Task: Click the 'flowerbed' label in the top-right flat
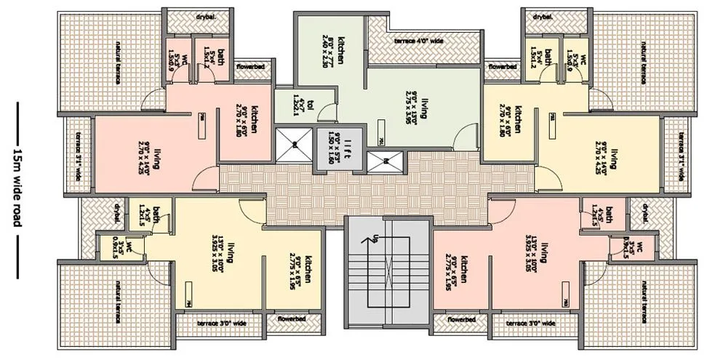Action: click(x=502, y=66)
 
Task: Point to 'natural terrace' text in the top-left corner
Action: click(x=118, y=63)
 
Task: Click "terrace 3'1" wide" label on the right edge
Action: click(x=681, y=156)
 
